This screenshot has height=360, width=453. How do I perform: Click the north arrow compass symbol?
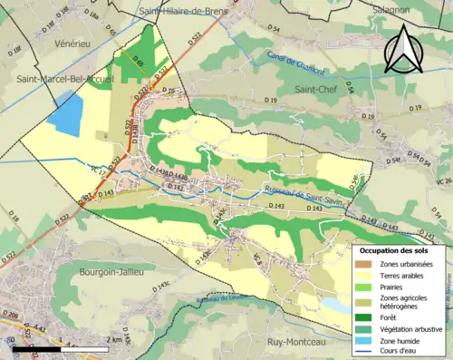coord(405,49)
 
